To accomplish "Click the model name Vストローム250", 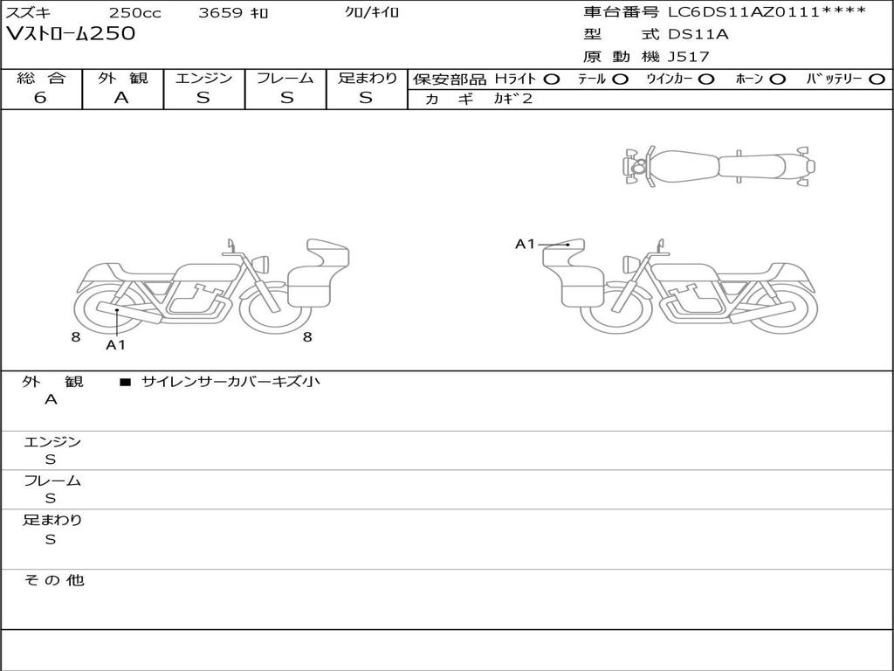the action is pos(70,34).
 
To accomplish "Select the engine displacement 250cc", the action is pos(135,12).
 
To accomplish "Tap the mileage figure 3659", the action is pos(221,12).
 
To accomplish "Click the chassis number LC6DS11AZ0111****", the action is pos(767,11).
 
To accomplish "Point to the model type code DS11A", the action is pos(698,34).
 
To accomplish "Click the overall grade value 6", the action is pos(40,98).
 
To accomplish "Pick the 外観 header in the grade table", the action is pos(122,78).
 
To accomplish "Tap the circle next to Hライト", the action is pos(552,80).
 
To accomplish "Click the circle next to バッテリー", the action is pos(877,80).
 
